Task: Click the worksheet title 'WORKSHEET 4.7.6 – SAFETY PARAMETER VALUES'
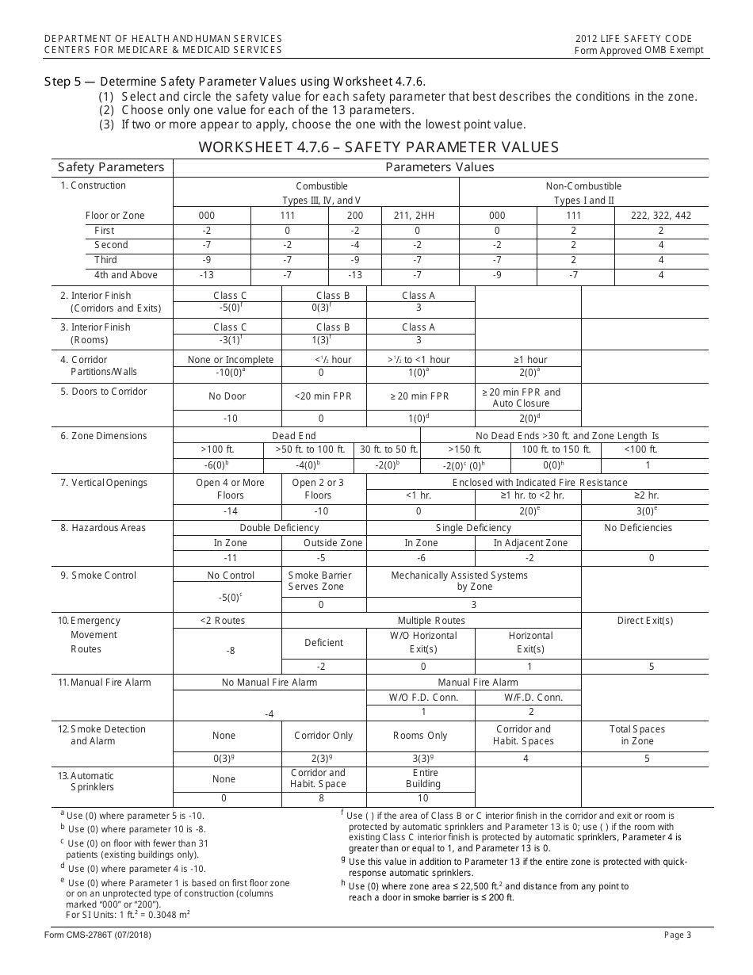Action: tap(378, 147)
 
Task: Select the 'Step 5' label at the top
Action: tap(70, 82)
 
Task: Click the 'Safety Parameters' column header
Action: tap(111, 167)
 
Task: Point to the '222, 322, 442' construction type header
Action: tap(660, 215)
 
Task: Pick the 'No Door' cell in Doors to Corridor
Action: tap(227, 396)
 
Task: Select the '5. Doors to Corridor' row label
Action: tap(104, 392)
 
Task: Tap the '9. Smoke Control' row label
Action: tap(98, 575)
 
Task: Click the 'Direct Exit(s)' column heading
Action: tap(645, 621)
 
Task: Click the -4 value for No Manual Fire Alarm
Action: tap(269, 714)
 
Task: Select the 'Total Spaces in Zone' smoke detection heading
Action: tap(637, 735)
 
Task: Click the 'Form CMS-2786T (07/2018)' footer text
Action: tap(105, 935)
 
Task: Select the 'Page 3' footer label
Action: tap(678, 935)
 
